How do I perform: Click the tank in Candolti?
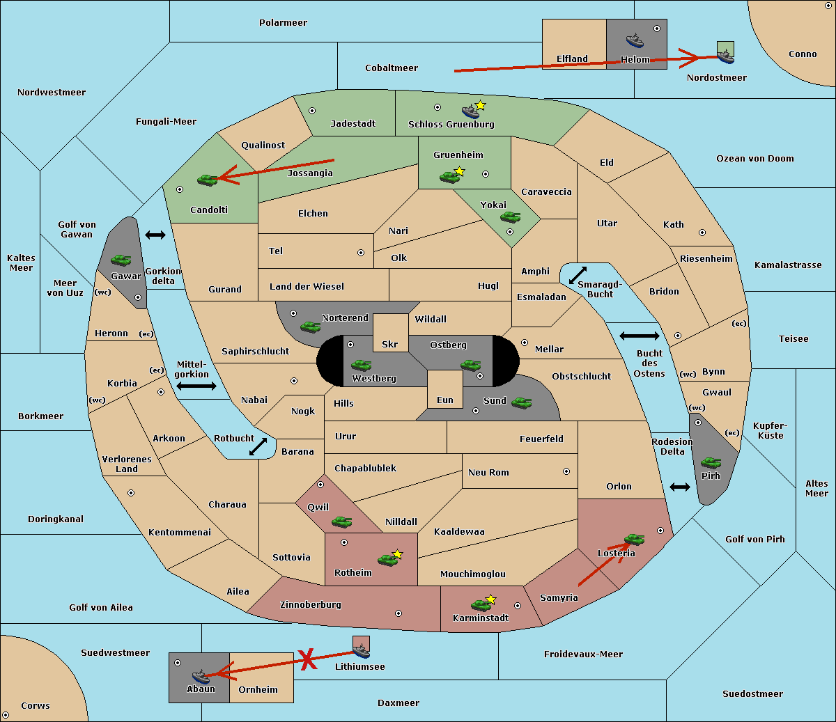point(207,180)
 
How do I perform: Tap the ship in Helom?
point(635,40)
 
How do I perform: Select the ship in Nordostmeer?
point(726,56)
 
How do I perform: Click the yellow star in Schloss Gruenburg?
point(480,106)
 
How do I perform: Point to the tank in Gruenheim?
point(450,177)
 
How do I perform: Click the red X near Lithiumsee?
point(308,659)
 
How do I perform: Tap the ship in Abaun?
point(201,677)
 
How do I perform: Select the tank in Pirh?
point(711,462)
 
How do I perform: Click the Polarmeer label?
point(283,23)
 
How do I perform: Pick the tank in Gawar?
point(121,260)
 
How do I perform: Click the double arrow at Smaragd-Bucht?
point(578,275)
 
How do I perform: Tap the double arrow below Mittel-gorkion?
point(196,386)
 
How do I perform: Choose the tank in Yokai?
point(510,217)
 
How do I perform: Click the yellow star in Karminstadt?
point(490,599)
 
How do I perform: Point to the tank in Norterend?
point(310,327)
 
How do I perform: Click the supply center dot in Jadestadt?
point(312,111)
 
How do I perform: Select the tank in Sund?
point(521,403)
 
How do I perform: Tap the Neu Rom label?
point(488,472)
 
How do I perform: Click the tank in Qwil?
point(341,522)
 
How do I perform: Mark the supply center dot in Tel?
point(361,253)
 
